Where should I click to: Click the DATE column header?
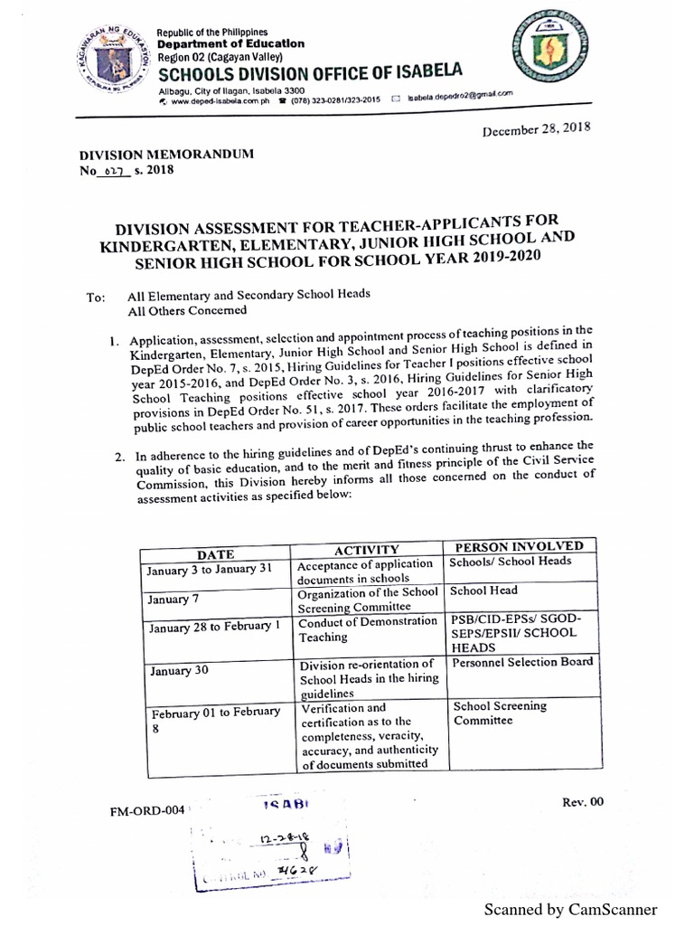click(215, 553)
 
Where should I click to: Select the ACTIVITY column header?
click(366, 550)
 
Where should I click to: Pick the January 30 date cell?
click(171, 671)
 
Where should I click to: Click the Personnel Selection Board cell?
click(522, 662)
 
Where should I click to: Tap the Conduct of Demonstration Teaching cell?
click(368, 629)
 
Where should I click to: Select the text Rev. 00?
click(581, 801)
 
